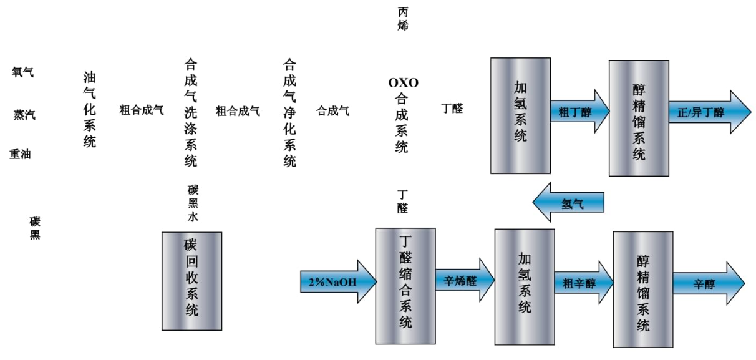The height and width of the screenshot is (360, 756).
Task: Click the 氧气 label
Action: coord(23,72)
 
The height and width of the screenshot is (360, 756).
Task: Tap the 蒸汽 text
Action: coord(24,115)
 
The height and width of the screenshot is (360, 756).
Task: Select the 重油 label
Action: coord(20,155)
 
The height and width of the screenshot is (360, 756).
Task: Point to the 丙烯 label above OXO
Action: coord(404,19)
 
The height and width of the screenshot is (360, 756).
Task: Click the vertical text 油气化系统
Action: coord(90,109)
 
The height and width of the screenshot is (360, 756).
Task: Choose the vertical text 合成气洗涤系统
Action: coord(191,112)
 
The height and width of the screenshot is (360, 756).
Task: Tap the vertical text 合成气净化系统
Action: coord(289,112)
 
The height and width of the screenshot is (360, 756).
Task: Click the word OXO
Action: coord(403,82)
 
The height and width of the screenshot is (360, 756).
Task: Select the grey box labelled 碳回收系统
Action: coord(191,281)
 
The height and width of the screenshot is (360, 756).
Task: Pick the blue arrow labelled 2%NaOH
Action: coord(337,282)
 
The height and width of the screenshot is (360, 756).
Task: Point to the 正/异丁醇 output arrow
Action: coord(705,112)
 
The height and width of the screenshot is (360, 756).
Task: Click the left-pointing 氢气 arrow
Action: coord(569,203)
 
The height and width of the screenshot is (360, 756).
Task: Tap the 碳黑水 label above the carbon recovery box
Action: coord(193,203)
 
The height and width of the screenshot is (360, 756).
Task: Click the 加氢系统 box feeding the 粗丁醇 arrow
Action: coord(520,115)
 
